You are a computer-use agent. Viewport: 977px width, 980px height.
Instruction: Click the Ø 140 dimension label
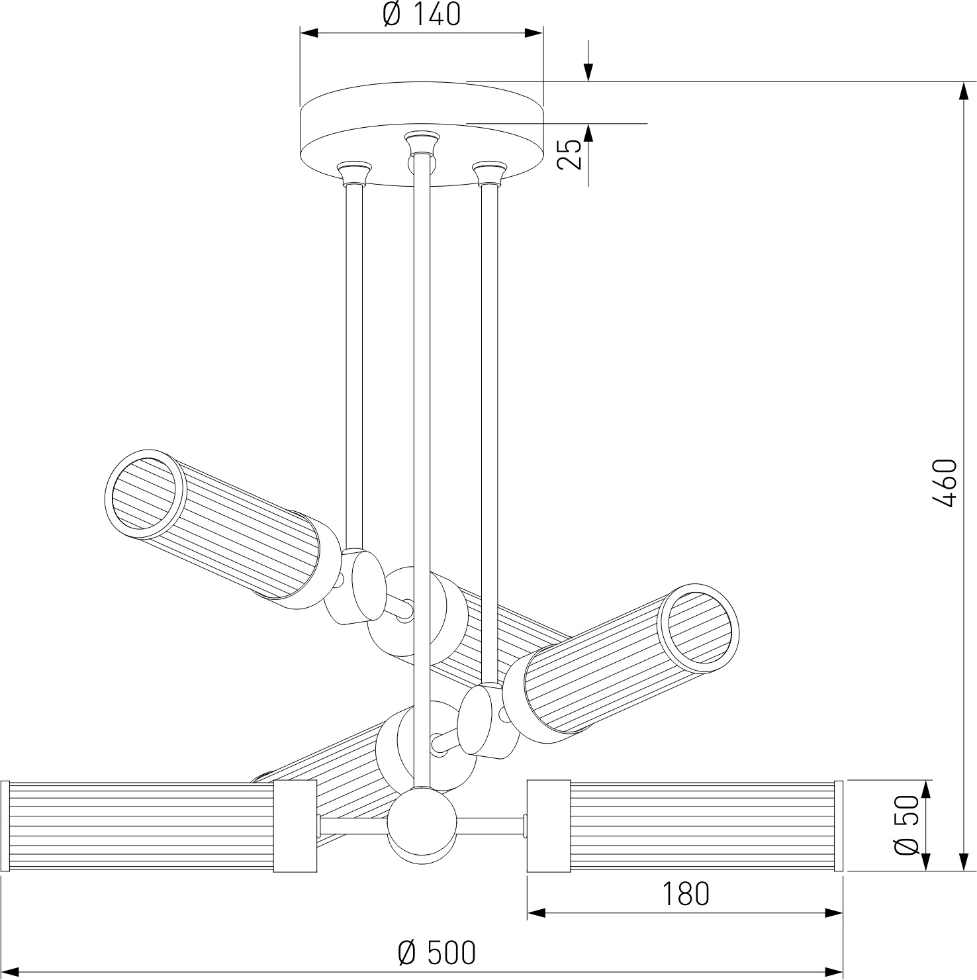click(x=422, y=14)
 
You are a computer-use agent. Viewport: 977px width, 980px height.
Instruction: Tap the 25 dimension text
click(x=569, y=154)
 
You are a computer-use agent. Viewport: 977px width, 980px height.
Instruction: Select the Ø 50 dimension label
click(x=907, y=826)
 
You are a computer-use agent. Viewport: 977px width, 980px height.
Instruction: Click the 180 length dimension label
click(x=685, y=894)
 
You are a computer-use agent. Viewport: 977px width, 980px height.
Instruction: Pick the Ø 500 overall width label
click(x=436, y=952)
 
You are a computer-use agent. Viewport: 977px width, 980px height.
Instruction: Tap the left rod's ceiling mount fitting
click(x=354, y=173)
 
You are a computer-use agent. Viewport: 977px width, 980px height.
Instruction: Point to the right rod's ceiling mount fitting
click(x=489, y=173)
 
